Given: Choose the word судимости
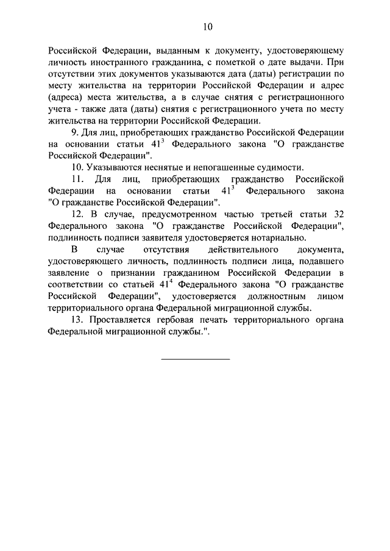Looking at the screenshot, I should point(273,167).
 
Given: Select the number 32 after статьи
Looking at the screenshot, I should point(338,214).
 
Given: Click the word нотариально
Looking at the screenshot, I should point(278,237).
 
